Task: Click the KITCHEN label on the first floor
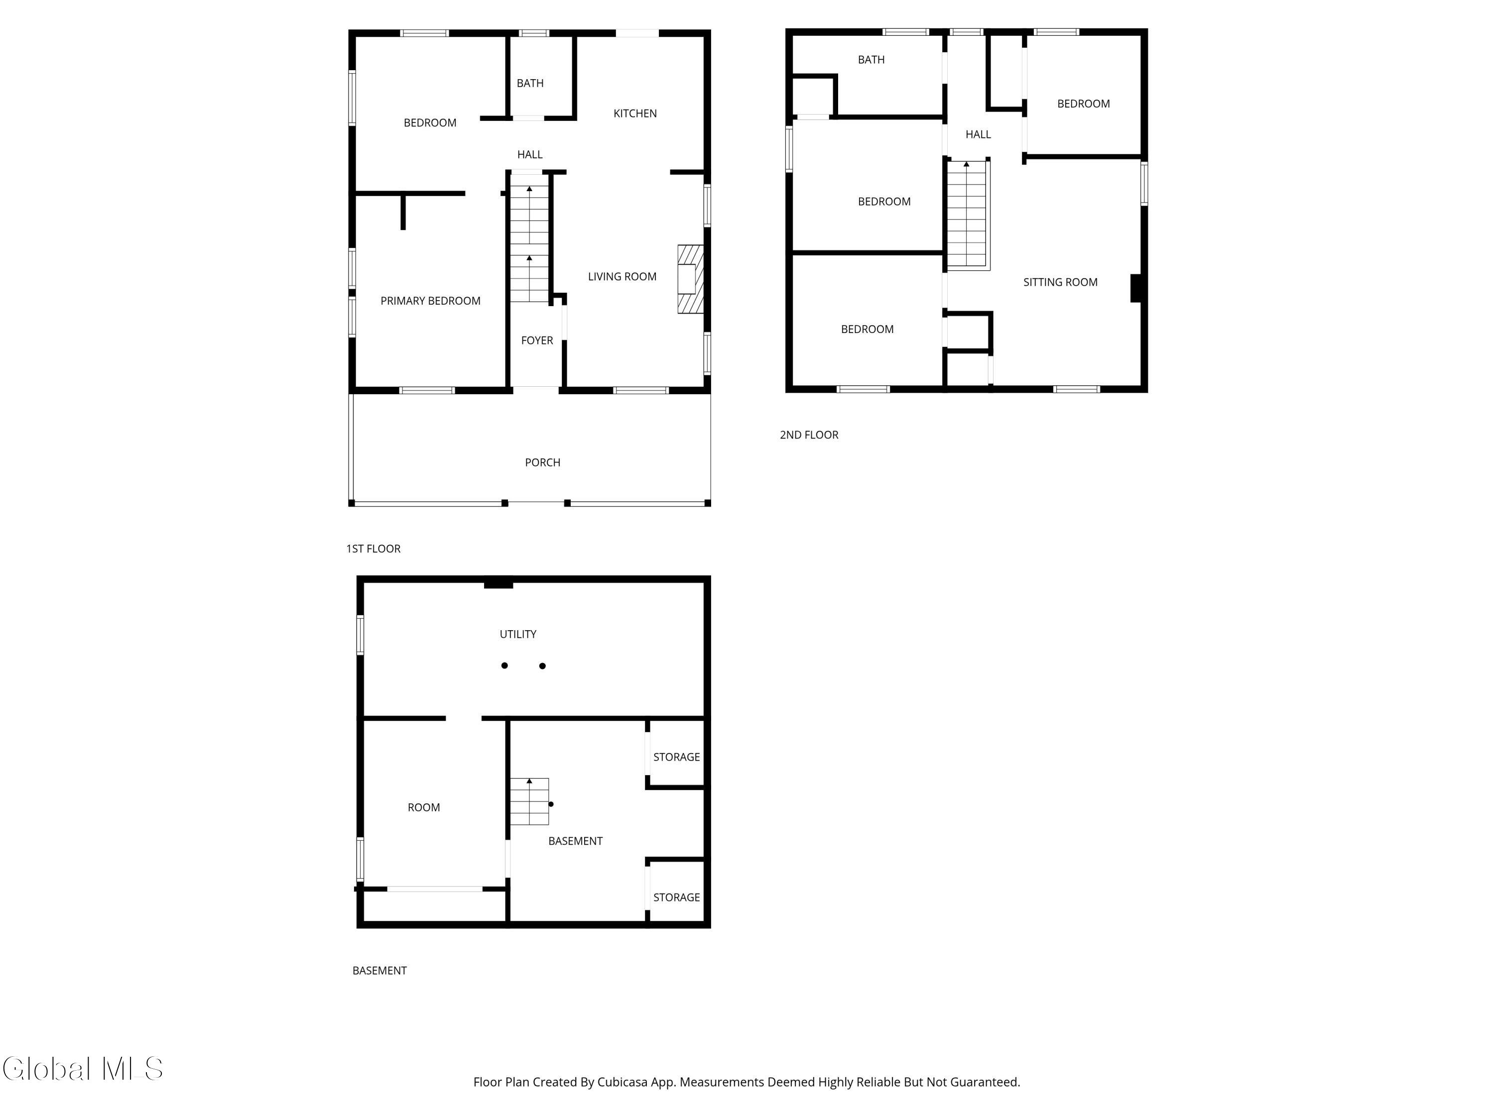click(635, 113)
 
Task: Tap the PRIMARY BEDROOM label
click(430, 301)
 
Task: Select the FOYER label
click(537, 340)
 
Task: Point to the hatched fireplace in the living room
click(690, 279)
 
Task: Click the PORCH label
click(542, 462)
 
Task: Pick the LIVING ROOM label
click(622, 277)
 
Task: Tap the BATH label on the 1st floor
click(530, 83)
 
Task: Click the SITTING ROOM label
click(1060, 282)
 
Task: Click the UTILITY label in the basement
click(518, 634)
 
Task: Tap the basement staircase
click(529, 801)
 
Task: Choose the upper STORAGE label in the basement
click(677, 757)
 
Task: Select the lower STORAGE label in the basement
click(677, 897)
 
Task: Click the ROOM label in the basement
click(423, 807)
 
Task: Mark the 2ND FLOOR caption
click(809, 435)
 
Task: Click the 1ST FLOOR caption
click(373, 549)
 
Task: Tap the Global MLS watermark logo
click(82, 1069)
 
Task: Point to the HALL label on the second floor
click(978, 134)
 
